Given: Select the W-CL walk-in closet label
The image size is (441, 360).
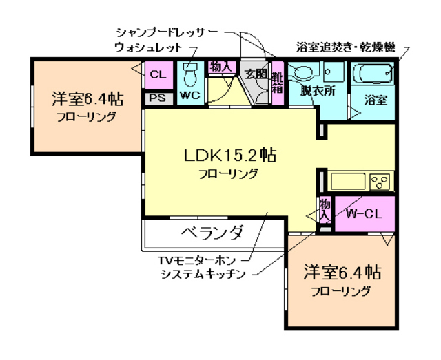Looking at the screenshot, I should tap(363, 213).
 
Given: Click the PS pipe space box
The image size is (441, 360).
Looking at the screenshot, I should tap(157, 98).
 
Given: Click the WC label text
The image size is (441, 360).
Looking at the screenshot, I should tap(189, 96).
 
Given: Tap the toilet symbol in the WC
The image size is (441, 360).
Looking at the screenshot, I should tap(191, 72).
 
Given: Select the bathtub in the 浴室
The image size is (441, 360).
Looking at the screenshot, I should tap(373, 72).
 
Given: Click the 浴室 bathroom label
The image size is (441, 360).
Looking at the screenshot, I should tap(375, 99).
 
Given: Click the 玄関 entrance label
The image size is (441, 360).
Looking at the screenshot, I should tap(254, 74).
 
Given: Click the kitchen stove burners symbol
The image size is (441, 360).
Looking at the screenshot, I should tap(380, 182).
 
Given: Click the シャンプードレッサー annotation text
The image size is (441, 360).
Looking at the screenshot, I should tap(166, 32).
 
